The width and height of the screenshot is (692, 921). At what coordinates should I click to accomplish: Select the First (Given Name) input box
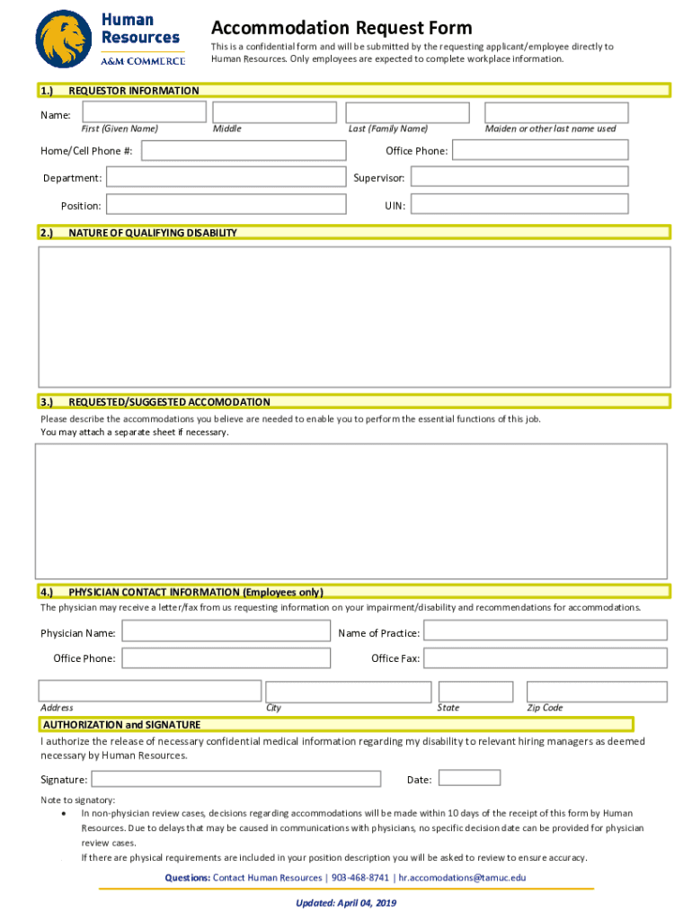coord(145,112)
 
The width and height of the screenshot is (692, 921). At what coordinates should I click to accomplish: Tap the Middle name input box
coord(273,112)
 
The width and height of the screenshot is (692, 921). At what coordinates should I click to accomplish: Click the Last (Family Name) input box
coord(408,112)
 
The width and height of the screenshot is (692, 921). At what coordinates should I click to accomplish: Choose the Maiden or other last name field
coord(556,112)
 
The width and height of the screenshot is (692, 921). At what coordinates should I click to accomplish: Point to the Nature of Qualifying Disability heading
coord(153,233)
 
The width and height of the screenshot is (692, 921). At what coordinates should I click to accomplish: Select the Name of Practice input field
coord(546,632)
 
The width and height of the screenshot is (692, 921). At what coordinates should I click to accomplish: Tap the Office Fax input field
coord(546,658)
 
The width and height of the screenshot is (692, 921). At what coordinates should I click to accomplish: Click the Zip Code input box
coord(597,691)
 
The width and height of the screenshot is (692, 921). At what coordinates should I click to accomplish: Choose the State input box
coord(475,691)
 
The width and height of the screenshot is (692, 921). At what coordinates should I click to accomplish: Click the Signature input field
coord(235,779)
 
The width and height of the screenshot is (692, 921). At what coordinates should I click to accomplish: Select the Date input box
coord(469,778)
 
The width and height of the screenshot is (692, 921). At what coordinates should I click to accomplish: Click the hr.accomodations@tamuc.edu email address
coord(462,877)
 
